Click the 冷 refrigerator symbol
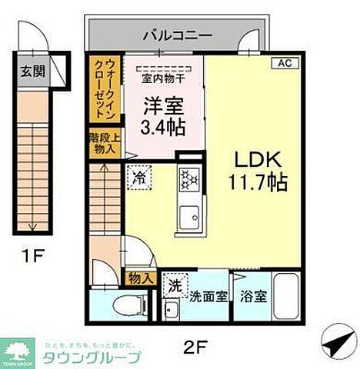140,176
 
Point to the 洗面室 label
208,295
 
